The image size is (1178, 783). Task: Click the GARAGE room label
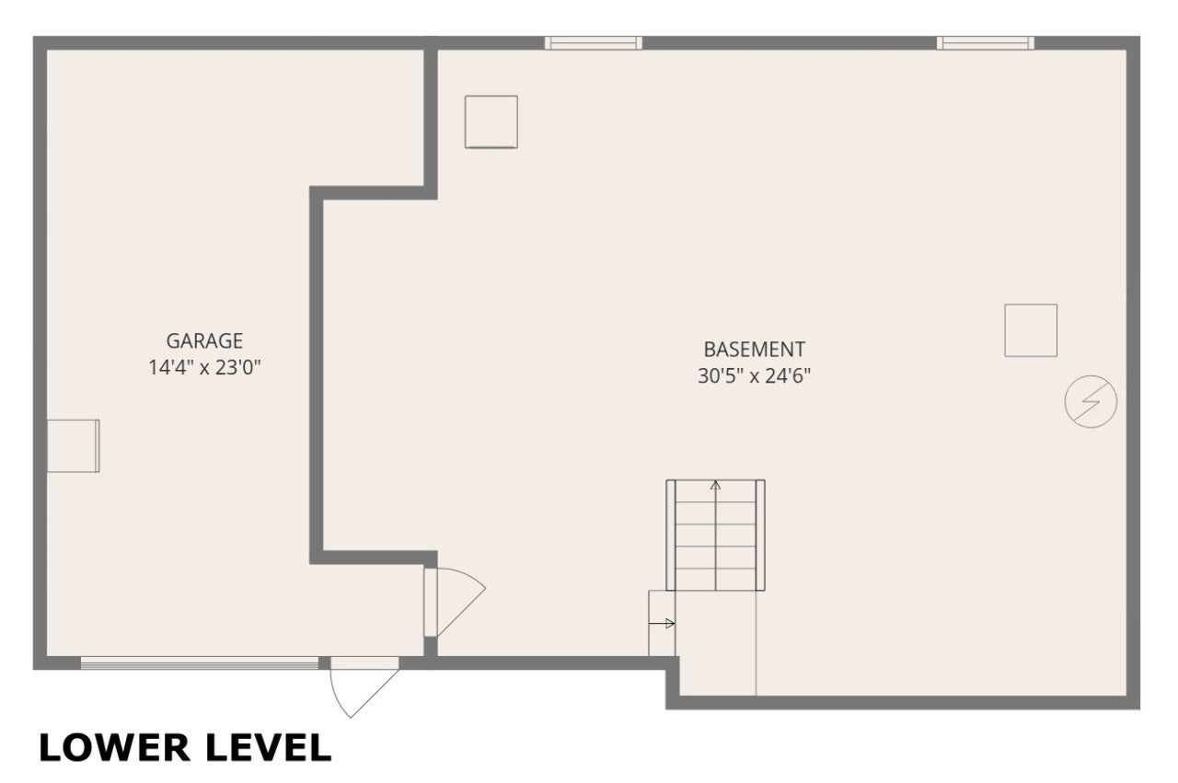pyautogui.click(x=204, y=340)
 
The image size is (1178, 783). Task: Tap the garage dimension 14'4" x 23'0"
pyautogui.click(x=204, y=367)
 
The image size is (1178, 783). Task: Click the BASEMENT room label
pyautogui.click(x=754, y=349)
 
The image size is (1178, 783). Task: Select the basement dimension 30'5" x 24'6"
pyautogui.click(x=754, y=375)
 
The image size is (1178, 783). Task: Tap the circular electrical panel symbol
pyautogui.click(x=1091, y=401)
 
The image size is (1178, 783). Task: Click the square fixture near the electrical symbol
pyautogui.click(x=1031, y=330)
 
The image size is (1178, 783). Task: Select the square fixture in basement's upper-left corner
pyautogui.click(x=491, y=122)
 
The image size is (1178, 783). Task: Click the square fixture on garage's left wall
pyautogui.click(x=73, y=446)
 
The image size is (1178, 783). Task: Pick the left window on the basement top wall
pyautogui.click(x=594, y=43)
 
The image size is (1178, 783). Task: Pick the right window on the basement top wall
pyautogui.click(x=986, y=43)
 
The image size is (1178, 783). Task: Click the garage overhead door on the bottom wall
pyautogui.click(x=200, y=663)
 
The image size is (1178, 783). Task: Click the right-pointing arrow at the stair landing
pyautogui.click(x=662, y=624)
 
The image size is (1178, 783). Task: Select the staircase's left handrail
pyautogui.click(x=671, y=535)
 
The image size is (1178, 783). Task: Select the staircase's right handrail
pyautogui.click(x=760, y=535)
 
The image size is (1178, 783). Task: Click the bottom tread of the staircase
pyautogui.click(x=715, y=580)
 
